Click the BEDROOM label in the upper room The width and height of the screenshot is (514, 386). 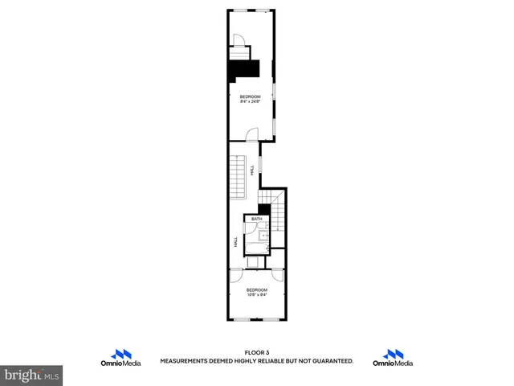coord(250,96)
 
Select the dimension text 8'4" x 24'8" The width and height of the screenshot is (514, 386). coord(250,101)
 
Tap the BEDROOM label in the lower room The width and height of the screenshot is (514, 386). coord(256,289)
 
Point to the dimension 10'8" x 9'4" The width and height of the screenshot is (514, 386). coord(256,294)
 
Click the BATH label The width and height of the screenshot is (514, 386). coord(256,219)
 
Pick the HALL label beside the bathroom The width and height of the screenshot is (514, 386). coord(236,240)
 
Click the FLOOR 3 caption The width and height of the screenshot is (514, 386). coord(256,352)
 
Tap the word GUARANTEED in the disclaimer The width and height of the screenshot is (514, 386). coord(329,361)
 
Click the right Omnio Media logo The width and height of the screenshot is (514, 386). coord(394,358)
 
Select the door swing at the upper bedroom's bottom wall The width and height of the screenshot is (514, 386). coord(251,134)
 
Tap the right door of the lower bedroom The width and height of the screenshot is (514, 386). coord(278,274)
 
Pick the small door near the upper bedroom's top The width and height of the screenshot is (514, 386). coord(239,41)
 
